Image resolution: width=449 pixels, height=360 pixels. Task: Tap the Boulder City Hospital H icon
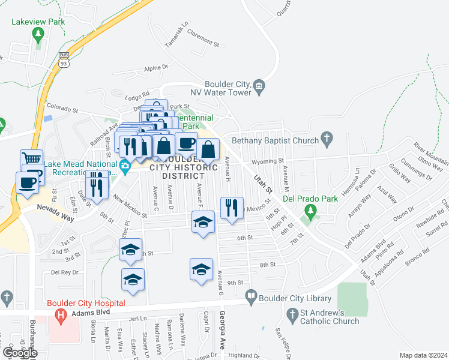(60, 314)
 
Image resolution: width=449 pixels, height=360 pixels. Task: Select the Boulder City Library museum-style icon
(251, 296)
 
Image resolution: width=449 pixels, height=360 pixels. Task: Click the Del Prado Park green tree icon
(310, 211)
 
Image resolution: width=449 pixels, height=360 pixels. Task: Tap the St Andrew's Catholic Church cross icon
(292, 314)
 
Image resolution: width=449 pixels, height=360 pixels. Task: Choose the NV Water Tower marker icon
(259, 86)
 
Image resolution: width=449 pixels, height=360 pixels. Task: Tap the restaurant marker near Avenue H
(232, 208)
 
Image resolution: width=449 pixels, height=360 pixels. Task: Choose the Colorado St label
(63, 110)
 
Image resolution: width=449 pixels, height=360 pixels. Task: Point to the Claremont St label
(203, 40)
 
